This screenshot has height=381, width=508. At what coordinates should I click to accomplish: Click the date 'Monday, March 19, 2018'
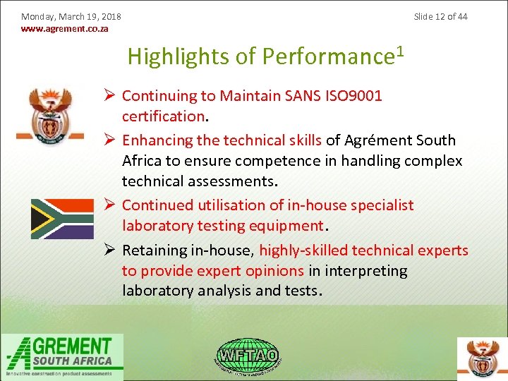pyautogui.click(x=71, y=16)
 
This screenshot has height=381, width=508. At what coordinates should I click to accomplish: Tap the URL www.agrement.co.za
pyautogui.click(x=65, y=29)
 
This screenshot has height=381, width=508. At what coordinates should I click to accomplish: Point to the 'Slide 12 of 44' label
pyautogui.click(x=440, y=16)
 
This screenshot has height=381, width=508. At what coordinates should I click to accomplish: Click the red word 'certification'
pyautogui.click(x=163, y=115)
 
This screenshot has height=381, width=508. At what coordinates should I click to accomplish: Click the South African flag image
pyautogui.click(x=62, y=219)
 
